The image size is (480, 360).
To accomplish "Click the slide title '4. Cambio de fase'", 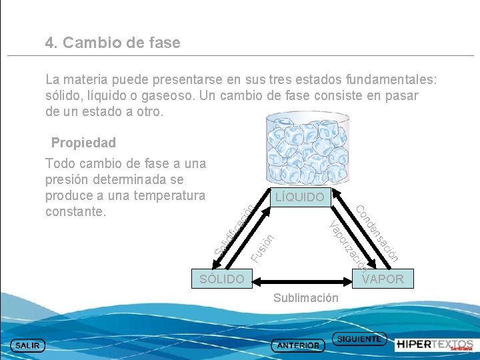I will point(113,43).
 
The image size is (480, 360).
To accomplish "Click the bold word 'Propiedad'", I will point(83,143).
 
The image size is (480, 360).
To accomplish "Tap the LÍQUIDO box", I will point(299,197).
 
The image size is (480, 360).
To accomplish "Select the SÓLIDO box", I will point(222,279).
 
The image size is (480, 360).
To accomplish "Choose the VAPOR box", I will point(383,279).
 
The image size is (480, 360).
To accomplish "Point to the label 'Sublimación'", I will point(306,298).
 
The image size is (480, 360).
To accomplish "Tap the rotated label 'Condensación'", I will point(377,233).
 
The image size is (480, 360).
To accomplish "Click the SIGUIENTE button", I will point(359,339).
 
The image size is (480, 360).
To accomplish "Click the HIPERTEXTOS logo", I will point(434,345).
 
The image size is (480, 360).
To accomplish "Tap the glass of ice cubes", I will point(299,150).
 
